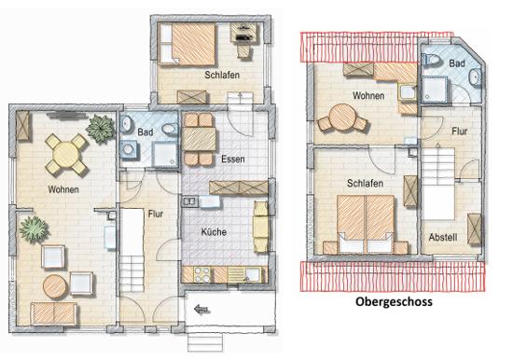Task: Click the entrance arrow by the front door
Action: point(201,309)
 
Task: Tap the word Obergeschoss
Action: point(394,301)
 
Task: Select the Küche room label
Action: point(214,232)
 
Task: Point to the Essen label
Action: point(233,159)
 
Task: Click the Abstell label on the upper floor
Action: point(443,237)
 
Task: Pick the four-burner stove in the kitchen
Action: point(202,274)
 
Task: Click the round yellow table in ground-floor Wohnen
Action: point(66,155)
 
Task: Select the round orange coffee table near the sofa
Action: point(55,287)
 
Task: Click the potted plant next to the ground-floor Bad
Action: point(100,129)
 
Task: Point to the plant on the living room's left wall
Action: point(34,229)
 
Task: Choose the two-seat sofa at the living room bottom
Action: point(54,313)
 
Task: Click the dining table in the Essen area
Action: point(199,139)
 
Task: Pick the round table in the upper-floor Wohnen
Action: point(342,118)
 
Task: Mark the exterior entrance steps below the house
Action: point(205,342)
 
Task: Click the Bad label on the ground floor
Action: point(146,132)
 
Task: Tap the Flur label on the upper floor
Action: point(459,132)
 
